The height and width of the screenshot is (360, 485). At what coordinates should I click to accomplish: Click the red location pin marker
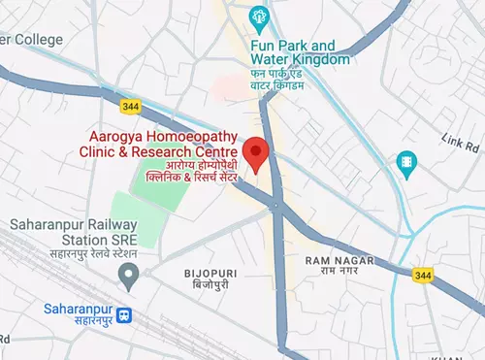255,154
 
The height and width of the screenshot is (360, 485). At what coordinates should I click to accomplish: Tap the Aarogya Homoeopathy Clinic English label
162,146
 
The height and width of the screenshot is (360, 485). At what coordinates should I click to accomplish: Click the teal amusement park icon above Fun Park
258,16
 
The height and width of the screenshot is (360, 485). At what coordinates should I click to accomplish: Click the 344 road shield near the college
130,104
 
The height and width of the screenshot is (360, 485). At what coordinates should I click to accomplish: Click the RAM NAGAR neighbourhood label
335,261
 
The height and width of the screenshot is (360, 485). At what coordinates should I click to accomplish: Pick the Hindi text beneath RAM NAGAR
335,274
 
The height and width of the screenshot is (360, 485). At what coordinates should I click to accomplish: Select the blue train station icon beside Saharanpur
123,315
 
